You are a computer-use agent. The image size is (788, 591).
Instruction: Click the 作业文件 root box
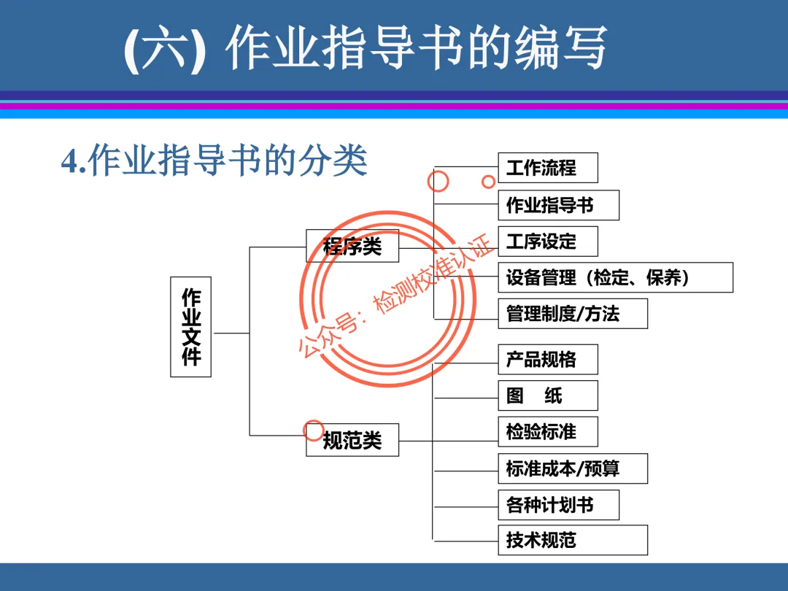[x=190, y=327]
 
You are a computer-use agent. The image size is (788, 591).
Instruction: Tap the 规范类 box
[x=352, y=440]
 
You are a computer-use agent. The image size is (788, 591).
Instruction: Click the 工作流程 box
[x=547, y=168]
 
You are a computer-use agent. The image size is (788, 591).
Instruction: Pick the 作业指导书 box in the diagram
[x=558, y=205]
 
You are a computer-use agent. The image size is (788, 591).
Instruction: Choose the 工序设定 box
[x=547, y=242]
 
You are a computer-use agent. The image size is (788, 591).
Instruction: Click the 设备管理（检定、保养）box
[x=615, y=277]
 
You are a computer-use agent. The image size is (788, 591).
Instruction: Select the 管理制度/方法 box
[x=573, y=314]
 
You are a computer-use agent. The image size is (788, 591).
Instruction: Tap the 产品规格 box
[x=547, y=359]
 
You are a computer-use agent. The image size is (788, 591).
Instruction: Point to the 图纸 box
[x=547, y=395]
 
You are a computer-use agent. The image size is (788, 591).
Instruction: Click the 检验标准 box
[x=547, y=432]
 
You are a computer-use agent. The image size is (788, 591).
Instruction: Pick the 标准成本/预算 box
[x=573, y=468]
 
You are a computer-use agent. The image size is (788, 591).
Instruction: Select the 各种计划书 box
[x=558, y=505]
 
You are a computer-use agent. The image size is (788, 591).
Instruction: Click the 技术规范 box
[x=573, y=541]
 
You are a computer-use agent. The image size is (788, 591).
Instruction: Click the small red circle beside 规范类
[x=313, y=429]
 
